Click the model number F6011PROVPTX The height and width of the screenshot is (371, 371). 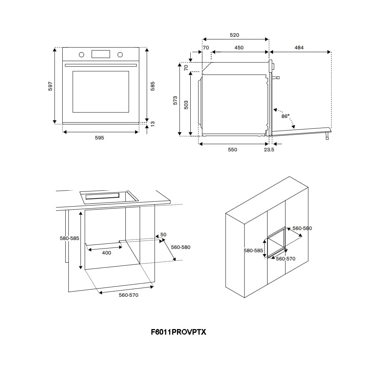178,332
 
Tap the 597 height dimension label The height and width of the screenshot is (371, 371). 51,86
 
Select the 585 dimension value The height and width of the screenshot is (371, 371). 152,86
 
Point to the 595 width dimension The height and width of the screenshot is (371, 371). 99,138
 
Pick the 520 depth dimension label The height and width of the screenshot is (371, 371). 234,35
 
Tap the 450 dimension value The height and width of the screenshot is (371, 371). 239,47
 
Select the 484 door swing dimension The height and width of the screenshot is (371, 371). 299,47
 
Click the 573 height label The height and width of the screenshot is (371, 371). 175,100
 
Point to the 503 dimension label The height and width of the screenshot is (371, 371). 186,105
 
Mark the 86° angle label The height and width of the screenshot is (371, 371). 285,116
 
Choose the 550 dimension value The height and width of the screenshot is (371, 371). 232,150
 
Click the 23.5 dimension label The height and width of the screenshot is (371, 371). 269,150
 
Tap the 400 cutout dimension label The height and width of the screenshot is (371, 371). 106,253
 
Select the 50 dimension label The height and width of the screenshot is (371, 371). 163,234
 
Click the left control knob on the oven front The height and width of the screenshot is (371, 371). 82,55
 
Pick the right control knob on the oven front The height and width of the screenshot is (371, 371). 120,55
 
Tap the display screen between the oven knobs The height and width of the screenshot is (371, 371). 101,54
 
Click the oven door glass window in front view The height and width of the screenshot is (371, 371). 101,92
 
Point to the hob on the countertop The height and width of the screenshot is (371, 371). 108,196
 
